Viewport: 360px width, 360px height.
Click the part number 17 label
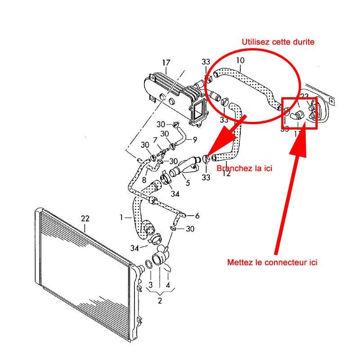(166, 63)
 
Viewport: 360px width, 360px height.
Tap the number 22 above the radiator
(85, 219)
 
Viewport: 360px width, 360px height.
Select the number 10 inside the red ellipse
(240, 60)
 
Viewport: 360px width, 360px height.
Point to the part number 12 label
(226, 173)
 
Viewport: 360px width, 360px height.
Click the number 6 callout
(197, 216)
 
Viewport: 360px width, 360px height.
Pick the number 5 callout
(188, 183)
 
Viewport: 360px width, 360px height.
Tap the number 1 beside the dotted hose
(121, 217)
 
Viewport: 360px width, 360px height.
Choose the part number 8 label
(144, 180)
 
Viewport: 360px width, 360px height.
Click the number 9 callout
(195, 139)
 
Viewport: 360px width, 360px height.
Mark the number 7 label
(155, 140)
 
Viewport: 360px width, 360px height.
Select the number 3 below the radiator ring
(150, 285)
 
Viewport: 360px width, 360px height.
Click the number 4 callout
(167, 285)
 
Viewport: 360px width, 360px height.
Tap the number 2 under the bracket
(159, 301)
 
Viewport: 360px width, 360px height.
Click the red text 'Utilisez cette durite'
(278, 42)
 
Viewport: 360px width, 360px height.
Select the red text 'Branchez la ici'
(244, 168)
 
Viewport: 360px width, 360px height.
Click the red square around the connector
(300, 112)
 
